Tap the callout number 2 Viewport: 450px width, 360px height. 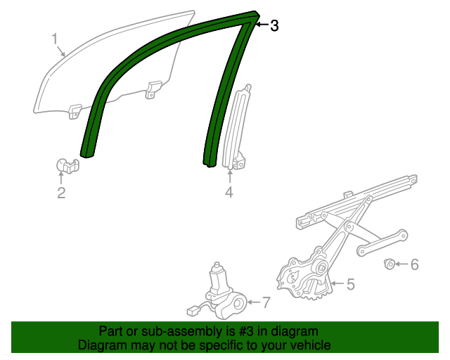tap(61, 193)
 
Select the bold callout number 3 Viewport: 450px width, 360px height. tap(274, 26)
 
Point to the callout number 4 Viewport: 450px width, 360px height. tap(229, 193)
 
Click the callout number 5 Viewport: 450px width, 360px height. tap(350, 284)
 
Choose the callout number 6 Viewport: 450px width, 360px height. tap(414, 264)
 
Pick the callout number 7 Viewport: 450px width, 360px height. tap(265, 303)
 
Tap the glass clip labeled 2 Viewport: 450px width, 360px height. tap(67, 166)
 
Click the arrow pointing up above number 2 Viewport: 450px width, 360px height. tap(61, 179)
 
